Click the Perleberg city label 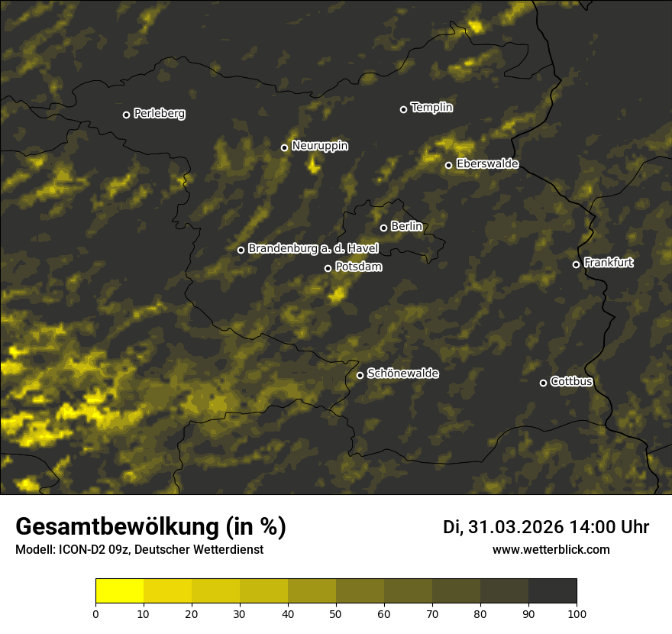click(159, 114)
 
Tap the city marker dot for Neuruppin click(284, 147)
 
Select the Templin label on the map click(431, 108)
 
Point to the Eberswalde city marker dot click(448, 165)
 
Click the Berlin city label click(406, 226)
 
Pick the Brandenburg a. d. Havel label click(313, 249)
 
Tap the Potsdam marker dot click(328, 268)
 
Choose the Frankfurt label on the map click(609, 263)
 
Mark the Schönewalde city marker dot click(360, 375)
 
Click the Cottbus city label click(571, 381)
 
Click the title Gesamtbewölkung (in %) click(150, 527)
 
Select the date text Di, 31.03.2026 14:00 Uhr click(546, 527)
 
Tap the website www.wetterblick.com click(551, 549)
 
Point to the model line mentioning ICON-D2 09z click(139, 550)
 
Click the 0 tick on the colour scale click(95, 613)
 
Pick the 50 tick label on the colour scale click(336, 613)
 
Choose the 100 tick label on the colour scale click(577, 613)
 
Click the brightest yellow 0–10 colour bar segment click(120, 591)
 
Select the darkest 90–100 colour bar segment click(552, 591)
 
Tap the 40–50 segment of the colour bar click(312, 591)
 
